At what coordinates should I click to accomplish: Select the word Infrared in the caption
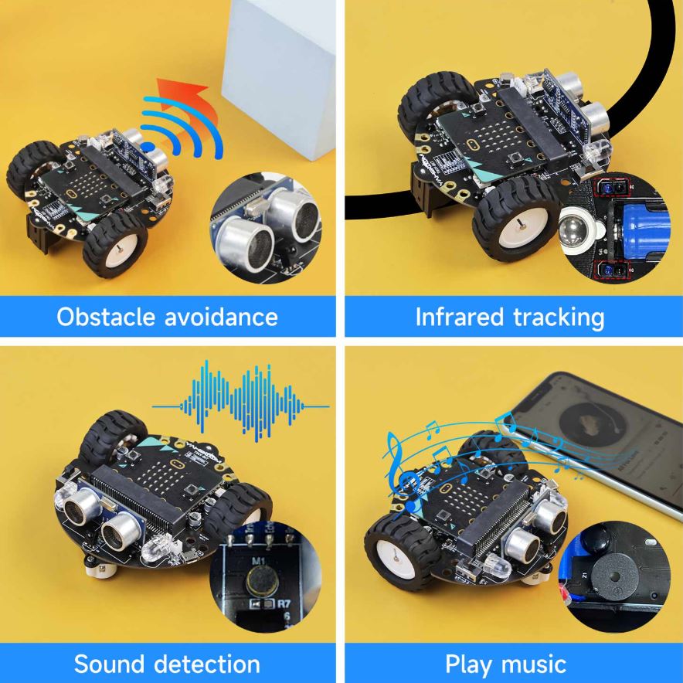(x=458, y=316)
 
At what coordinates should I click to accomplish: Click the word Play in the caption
(x=470, y=664)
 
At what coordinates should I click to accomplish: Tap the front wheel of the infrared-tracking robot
(x=515, y=221)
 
